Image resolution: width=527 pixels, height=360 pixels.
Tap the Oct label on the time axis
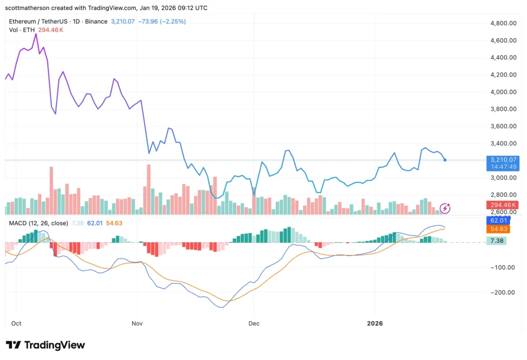click(x=16, y=324)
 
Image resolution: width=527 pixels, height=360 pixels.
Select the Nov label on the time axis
click(x=137, y=324)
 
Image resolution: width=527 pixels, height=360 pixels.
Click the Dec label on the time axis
click(x=253, y=324)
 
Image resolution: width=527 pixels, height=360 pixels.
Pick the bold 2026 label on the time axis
click(x=375, y=324)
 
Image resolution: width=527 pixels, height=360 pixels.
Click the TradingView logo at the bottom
click(x=45, y=345)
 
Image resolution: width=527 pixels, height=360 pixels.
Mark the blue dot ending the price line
click(x=445, y=160)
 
